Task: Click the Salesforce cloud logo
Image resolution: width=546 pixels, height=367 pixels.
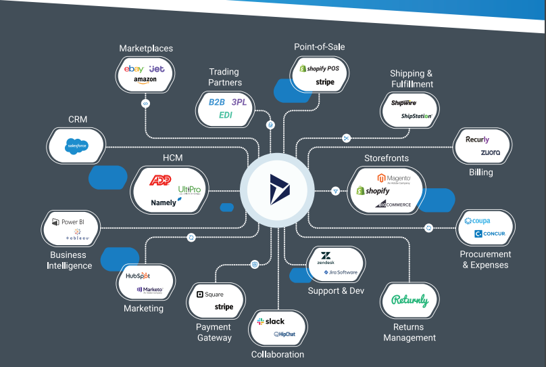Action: (x=76, y=145)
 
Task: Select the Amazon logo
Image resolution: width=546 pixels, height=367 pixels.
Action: (x=145, y=80)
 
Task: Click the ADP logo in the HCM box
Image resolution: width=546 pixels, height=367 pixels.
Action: (x=160, y=181)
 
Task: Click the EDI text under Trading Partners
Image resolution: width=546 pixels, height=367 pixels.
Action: (x=225, y=115)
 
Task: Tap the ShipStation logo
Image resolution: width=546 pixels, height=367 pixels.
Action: (x=416, y=116)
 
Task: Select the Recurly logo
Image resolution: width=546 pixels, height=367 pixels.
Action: (x=478, y=139)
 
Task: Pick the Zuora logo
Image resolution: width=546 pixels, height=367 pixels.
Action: (x=491, y=152)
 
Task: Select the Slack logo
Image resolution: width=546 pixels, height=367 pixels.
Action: (x=270, y=321)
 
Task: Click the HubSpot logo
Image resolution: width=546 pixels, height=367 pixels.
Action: (x=139, y=276)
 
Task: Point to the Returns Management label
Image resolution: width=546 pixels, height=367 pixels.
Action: (x=409, y=332)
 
